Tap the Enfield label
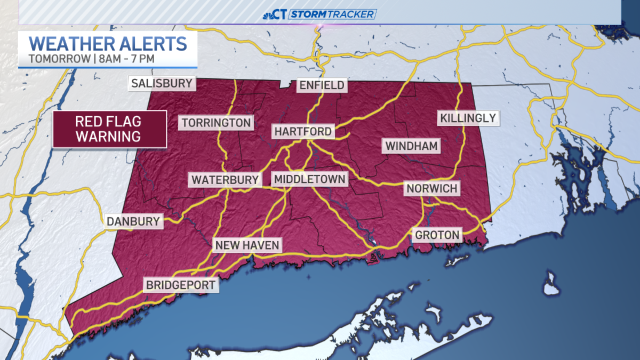pos(322,85)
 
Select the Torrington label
pos(216,123)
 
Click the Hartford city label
pos(303,131)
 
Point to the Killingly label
pos(468,118)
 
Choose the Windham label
pos(411,146)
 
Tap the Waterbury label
pos(225,180)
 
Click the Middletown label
pos(309,179)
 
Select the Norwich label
pos(432,188)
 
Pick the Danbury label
pos(133,221)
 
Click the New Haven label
pos(247,245)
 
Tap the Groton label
pos(437,235)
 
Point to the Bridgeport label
pos(181,285)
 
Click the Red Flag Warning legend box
pos(109,129)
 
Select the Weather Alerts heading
pos(108,43)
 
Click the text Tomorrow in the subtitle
pos(59,58)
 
